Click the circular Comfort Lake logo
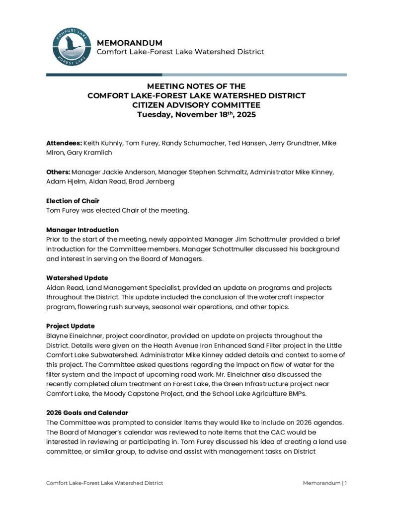[x=71, y=47]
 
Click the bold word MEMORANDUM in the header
[x=129, y=43]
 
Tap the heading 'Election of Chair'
[x=73, y=201]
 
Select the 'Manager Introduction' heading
[x=82, y=230]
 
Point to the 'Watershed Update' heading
[x=77, y=278]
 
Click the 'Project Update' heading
[x=71, y=326]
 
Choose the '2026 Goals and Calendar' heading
[x=87, y=413]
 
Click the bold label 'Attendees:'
[x=64, y=143]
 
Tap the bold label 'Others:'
[x=58, y=172]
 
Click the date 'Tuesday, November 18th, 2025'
[x=196, y=115]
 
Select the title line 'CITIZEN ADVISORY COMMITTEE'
[x=196, y=105]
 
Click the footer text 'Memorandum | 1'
[x=325, y=483]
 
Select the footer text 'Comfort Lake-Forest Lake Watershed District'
[x=104, y=483]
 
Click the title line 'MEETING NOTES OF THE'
[x=196, y=86]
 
